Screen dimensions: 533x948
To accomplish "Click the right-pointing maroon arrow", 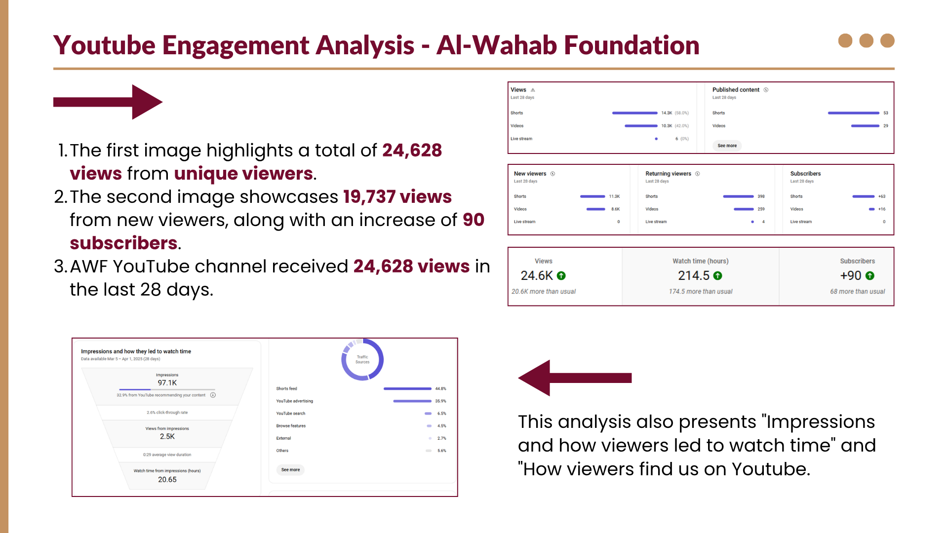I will click(x=108, y=102).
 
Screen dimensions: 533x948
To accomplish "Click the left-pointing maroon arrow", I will click(x=575, y=378).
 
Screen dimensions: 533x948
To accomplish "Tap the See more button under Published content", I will click(x=727, y=146).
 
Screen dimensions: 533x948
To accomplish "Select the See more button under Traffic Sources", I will click(x=290, y=470).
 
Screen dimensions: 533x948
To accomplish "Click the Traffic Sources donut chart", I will click(x=362, y=359).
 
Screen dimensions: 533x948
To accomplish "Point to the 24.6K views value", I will click(x=537, y=276).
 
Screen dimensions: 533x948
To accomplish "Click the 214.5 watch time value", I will click(x=694, y=276).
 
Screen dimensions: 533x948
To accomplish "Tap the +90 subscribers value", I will click(x=851, y=276).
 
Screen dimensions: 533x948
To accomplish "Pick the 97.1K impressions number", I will click(x=167, y=383).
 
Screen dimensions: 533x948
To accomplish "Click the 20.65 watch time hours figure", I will click(x=167, y=480).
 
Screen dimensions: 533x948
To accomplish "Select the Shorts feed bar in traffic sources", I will click(x=407, y=389).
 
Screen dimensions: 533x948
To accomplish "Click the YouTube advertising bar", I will click(x=412, y=401).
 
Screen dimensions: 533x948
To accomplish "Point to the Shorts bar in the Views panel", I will click(x=634, y=113).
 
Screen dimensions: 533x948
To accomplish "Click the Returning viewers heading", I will click(x=668, y=174).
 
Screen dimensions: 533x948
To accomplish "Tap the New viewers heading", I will click(x=530, y=174).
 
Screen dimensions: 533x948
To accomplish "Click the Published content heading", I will click(x=736, y=90).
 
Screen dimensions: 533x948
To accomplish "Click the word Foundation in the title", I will click(x=632, y=45).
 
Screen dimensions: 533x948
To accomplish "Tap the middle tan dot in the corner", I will click(x=866, y=40).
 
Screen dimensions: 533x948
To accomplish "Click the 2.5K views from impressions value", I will click(x=167, y=437).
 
